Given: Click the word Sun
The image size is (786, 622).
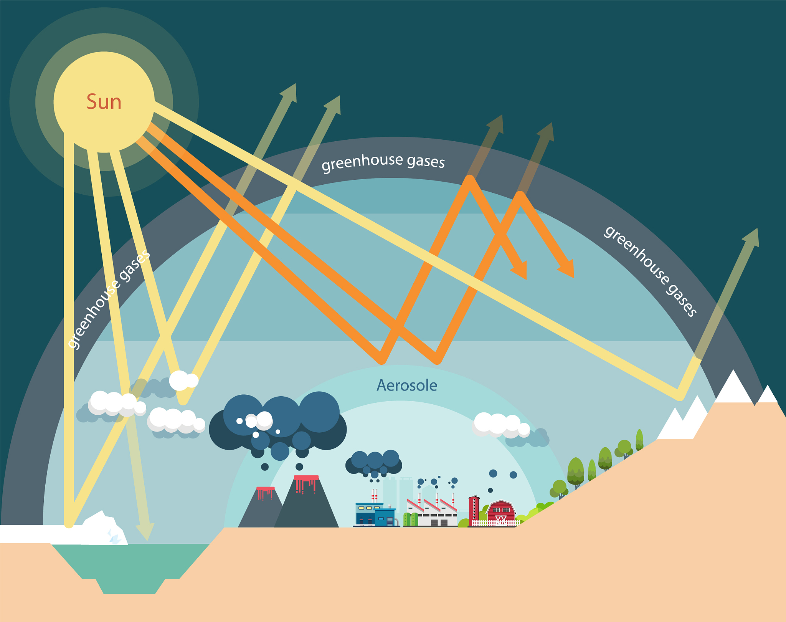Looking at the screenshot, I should pyautogui.click(x=104, y=102).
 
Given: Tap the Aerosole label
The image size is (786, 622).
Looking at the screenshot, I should pyautogui.click(x=407, y=385).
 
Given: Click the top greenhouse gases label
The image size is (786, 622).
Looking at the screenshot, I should pyautogui.click(x=383, y=161).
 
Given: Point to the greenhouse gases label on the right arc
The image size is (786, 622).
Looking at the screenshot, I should pyautogui.click(x=650, y=271).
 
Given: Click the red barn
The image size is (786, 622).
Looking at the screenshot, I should pyautogui.click(x=501, y=511).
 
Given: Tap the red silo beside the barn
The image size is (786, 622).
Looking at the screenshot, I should pyautogui.click(x=474, y=510).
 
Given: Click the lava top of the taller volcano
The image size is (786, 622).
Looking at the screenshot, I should pyautogui.click(x=306, y=479).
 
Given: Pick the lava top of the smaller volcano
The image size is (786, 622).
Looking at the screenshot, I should pyautogui.click(x=265, y=489).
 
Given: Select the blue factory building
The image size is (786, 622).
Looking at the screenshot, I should pyautogui.click(x=375, y=514).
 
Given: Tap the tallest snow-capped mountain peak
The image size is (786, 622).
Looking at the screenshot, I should pyautogui.click(x=733, y=386).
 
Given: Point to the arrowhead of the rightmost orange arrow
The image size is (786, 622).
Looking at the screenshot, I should pyautogui.click(x=568, y=269).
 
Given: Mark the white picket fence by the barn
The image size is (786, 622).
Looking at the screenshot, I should pyautogui.click(x=495, y=523).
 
